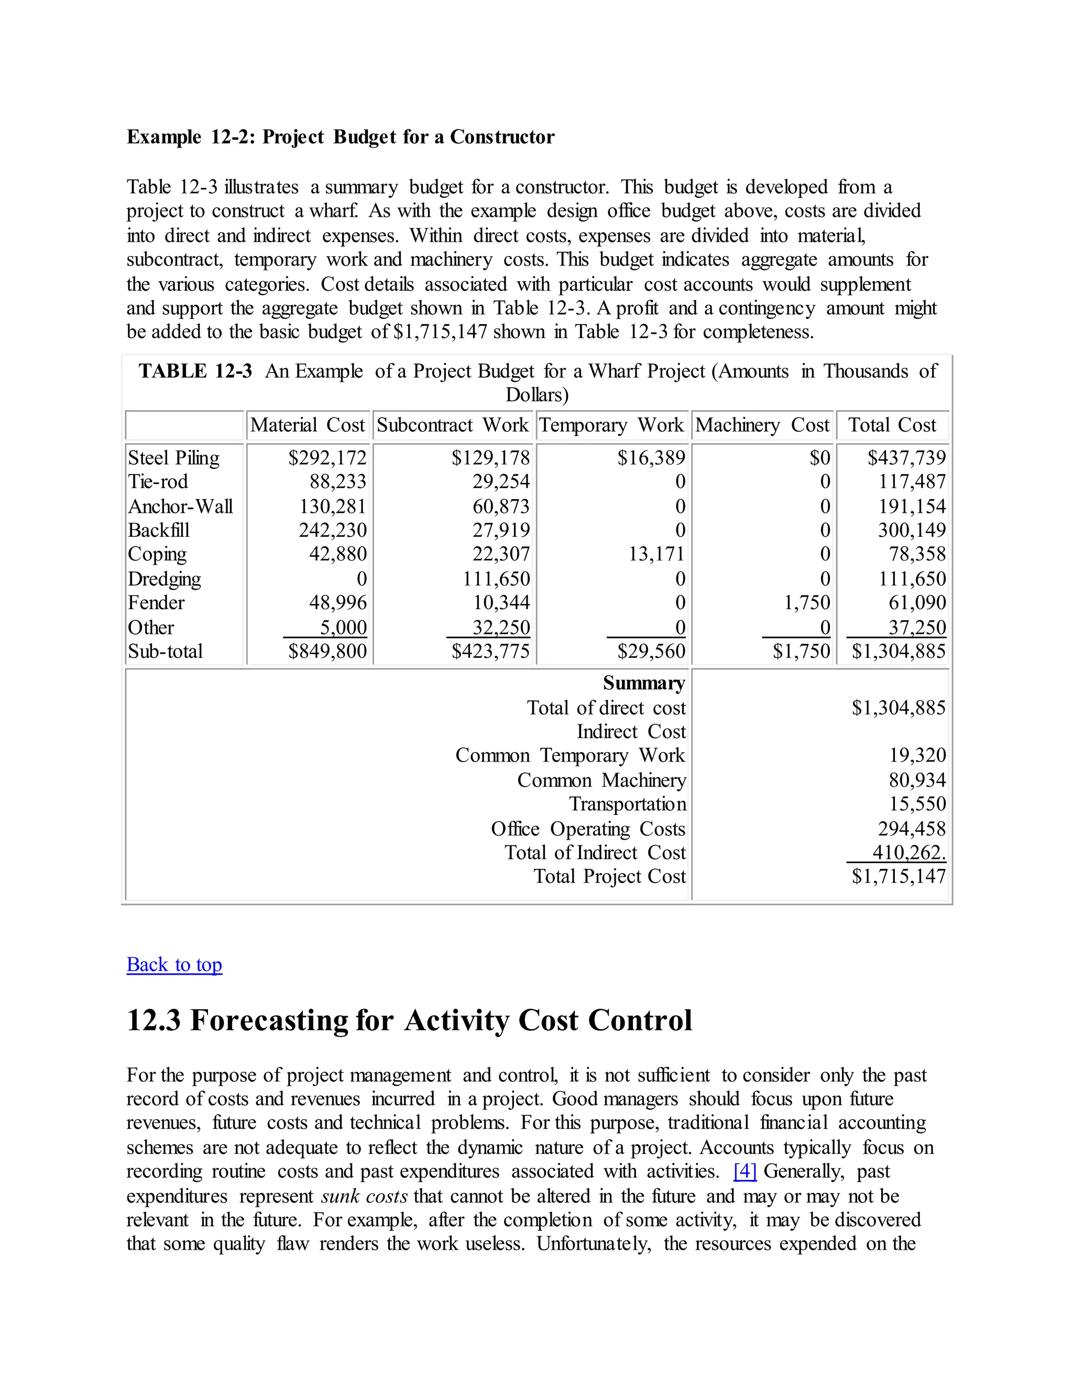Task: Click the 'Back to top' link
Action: pyautogui.click(x=174, y=964)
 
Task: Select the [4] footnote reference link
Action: pyautogui.click(x=745, y=1171)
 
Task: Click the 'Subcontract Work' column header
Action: pyautogui.click(x=453, y=425)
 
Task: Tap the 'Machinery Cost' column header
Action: pyautogui.click(x=762, y=425)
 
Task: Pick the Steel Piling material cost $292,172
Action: pyautogui.click(x=327, y=458)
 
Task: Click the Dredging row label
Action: pyautogui.click(x=164, y=579)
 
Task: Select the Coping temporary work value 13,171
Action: pyautogui.click(x=656, y=554)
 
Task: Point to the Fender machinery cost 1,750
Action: pyautogui.click(x=807, y=602)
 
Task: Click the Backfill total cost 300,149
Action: pyautogui.click(x=912, y=530)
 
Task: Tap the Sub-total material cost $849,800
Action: pyautogui.click(x=327, y=652)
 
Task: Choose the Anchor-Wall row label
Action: pyautogui.click(x=181, y=506)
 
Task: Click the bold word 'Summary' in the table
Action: pyautogui.click(x=644, y=683)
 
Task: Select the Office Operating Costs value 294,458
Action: pyautogui.click(x=912, y=829)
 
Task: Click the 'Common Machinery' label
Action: pyautogui.click(x=601, y=780)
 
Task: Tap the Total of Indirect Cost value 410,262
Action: pyautogui.click(x=909, y=852)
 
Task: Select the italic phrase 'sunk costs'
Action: pyautogui.click(x=364, y=1196)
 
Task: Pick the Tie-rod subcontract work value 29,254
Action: pyautogui.click(x=501, y=482)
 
